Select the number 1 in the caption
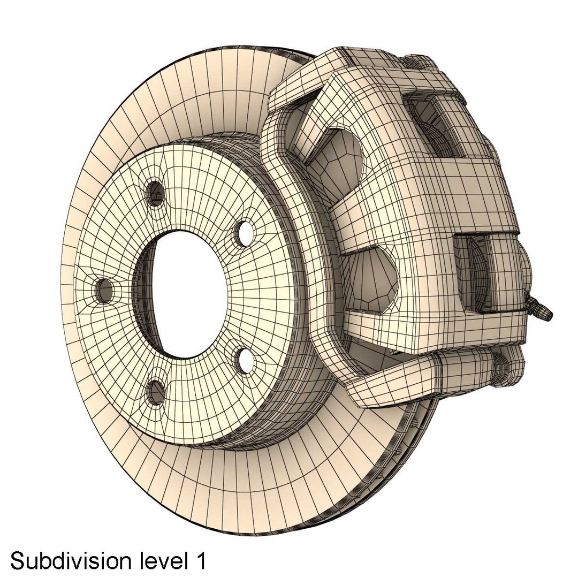200,561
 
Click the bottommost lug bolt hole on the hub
156,392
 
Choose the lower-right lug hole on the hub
246,360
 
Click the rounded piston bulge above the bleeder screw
527,273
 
